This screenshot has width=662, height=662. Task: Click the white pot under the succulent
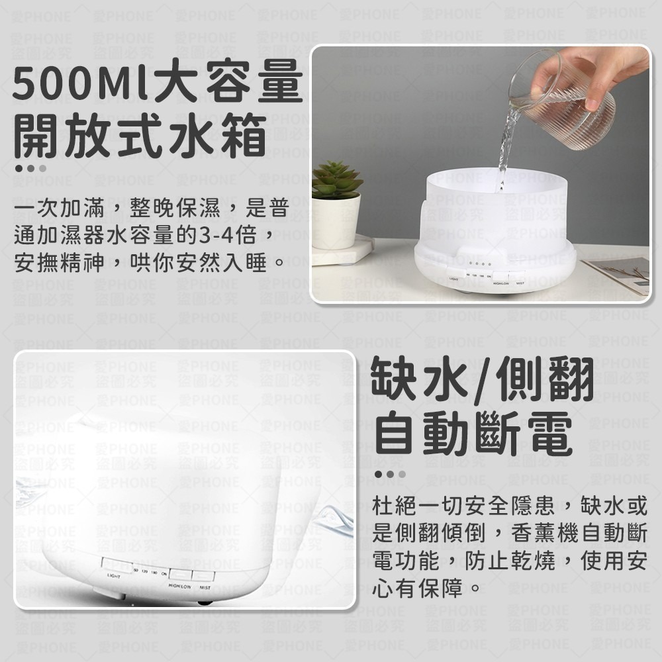pos(336,222)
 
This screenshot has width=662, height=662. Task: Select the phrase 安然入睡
pos(224,263)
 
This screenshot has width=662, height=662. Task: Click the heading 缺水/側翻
pos(483,380)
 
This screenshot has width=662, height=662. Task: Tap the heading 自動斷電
pos(473,434)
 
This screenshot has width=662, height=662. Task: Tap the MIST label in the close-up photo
pos(205,587)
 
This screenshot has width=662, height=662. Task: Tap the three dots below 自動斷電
pos(390,474)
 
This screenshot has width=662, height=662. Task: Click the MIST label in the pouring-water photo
pos(520,282)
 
